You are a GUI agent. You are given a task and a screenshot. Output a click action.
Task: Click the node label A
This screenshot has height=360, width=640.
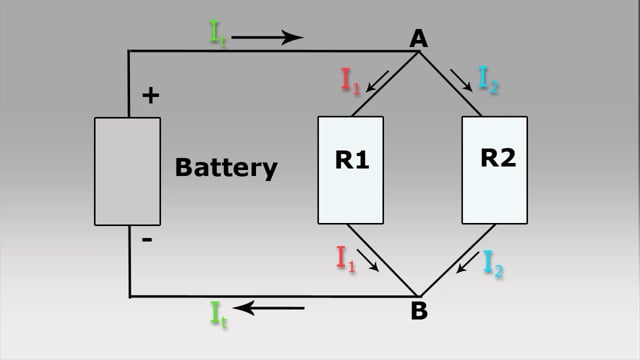tap(419, 38)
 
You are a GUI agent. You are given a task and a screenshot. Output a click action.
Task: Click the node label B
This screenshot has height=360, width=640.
tap(419, 311)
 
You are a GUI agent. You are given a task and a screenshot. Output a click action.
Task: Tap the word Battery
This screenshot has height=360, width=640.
tap(226, 167)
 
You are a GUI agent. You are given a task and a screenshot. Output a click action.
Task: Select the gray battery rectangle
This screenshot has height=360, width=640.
tap(127, 171)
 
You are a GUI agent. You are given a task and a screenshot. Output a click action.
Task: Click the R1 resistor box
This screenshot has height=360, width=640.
tap(351, 170)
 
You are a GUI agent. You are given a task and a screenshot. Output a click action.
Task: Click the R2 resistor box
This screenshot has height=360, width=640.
tap(494, 170)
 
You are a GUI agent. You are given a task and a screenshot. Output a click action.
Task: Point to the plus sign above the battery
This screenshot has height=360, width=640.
tap(150, 96)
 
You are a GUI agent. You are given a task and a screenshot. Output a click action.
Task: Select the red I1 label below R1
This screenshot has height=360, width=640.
tap(346, 260)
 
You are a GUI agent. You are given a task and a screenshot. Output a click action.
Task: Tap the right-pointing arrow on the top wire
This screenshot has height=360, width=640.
tap(267, 38)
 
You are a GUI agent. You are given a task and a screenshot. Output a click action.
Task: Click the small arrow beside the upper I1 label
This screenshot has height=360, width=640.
tap(376, 81)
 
